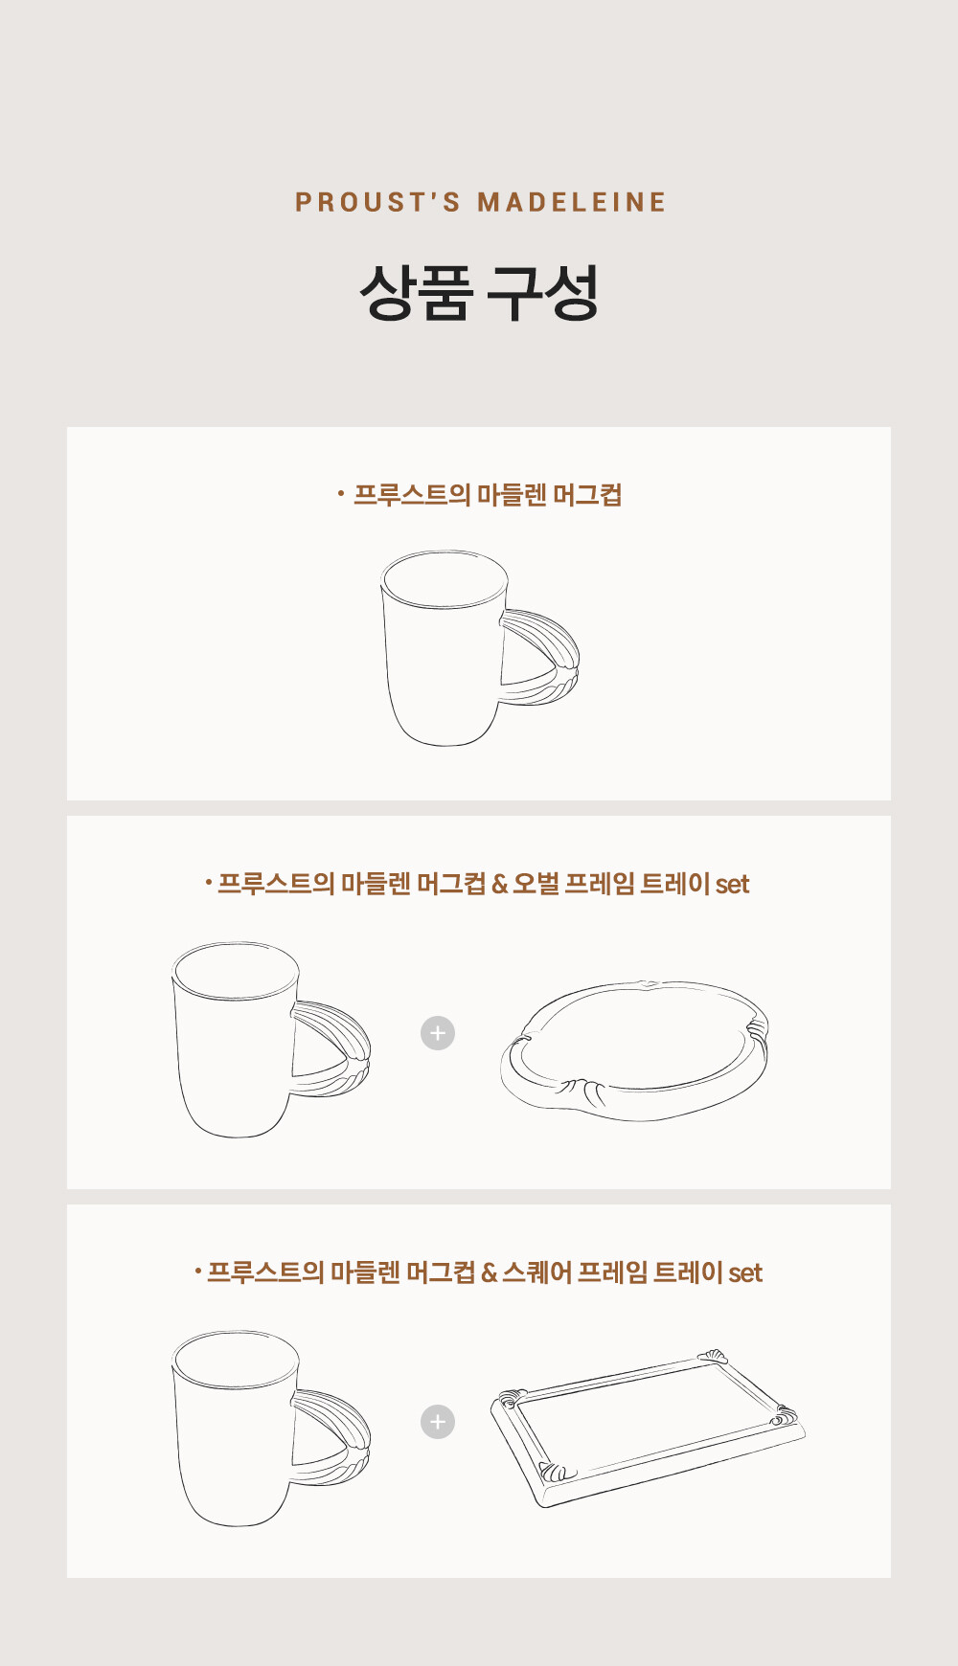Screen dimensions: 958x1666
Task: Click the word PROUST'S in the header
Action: [377, 202]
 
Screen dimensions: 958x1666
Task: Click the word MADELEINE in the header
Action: [572, 202]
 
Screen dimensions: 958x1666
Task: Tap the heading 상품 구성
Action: [479, 292]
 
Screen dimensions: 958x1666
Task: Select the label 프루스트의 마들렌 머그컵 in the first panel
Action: [488, 495]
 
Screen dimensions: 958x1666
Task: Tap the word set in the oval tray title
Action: [732, 885]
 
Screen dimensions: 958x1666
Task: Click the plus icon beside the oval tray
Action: [438, 1033]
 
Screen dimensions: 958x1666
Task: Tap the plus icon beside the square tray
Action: [438, 1422]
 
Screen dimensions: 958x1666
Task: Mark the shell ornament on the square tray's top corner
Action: [713, 1355]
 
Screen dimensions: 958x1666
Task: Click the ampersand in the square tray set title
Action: [489, 1273]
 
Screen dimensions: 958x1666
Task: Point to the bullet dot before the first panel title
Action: [340, 494]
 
